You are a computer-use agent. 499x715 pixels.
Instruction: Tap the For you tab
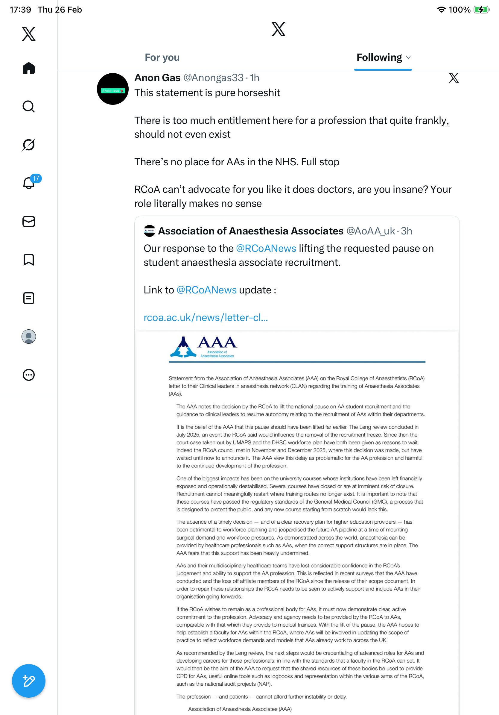click(x=162, y=57)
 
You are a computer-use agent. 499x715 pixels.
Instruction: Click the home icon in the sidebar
click(x=29, y=68)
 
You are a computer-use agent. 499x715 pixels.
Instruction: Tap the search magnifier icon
click(x=29, y=107)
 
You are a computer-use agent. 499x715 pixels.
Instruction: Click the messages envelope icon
click(x=29, y=221)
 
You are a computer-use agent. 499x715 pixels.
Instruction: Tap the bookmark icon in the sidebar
click(x=29, y=260)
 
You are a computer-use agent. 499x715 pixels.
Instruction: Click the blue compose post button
click(x=29, y=681)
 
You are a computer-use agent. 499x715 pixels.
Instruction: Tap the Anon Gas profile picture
click(x=112, y=89)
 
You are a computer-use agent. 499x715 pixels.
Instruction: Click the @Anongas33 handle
click(x=213, y=78)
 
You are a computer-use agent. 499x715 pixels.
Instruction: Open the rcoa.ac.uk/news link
click(x=206, y=318)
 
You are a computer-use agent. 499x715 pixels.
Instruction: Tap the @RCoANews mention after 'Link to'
click(x=206, y=290)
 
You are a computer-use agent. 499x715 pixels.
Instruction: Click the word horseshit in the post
click(x=259, y=93)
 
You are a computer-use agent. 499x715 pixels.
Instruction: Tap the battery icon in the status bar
click(x=481, y=10)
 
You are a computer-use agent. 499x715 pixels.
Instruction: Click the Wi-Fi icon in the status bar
click(x=441, y=10)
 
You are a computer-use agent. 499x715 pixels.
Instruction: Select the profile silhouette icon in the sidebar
click(x=29, y=337)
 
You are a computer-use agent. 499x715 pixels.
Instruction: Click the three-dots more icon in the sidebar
click(x=29, y=375)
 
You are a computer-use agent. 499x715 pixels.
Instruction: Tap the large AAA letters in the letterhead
click(x=217, y=343)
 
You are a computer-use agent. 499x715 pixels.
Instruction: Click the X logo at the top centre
click(x=278, y=29)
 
